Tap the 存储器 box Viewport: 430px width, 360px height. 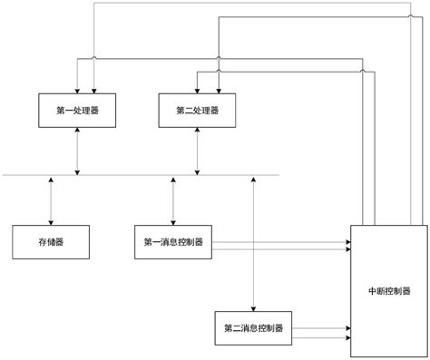pos(51,242)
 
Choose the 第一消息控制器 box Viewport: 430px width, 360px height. pos(173,242)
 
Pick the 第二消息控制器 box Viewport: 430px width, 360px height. pos(253,326)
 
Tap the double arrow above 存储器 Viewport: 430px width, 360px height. pos(51,200)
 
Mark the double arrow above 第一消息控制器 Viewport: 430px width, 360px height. pos(173,200)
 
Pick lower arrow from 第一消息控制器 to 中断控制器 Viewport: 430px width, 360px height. pos(281,247)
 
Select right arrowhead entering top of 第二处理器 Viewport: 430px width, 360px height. pos(218,89)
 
